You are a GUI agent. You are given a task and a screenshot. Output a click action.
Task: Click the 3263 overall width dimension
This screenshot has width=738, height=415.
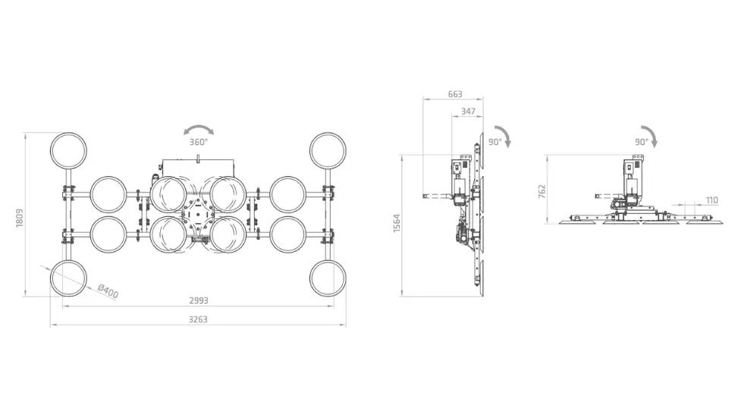point(198,319)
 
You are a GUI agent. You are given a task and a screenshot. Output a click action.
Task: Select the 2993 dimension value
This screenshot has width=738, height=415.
point(199,300)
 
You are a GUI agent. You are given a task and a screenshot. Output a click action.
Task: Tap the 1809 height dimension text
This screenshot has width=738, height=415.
point(19,218)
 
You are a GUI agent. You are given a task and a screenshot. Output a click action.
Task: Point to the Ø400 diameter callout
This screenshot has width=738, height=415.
point(108,291)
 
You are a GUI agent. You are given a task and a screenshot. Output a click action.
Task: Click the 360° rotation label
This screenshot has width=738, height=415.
point(198,142)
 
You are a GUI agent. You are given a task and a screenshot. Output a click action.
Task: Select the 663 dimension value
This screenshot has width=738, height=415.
point(455,94)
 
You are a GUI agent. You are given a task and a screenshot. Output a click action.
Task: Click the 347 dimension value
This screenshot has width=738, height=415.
point(468,112)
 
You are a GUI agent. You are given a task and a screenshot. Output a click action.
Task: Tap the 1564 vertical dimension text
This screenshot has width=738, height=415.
point(396,223)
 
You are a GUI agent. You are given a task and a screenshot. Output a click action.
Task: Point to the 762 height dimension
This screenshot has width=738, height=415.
point(542,191)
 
